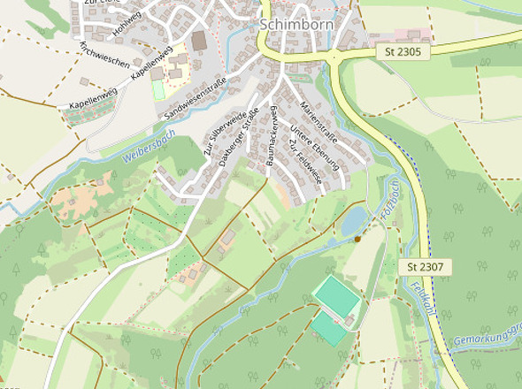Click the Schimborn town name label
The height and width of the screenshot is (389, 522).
(x=296, y=24)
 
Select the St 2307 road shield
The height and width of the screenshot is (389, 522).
(x=425, y=266)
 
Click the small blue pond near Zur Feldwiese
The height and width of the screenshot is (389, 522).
(x=353, y=220)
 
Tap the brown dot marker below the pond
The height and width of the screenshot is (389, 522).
(x=357, y=239)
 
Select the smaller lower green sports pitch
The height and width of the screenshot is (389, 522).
(x=328, y=329)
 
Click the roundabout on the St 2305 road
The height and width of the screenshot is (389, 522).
(x=335, y=58)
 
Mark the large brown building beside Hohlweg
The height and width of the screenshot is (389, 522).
(x=199, y=41)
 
